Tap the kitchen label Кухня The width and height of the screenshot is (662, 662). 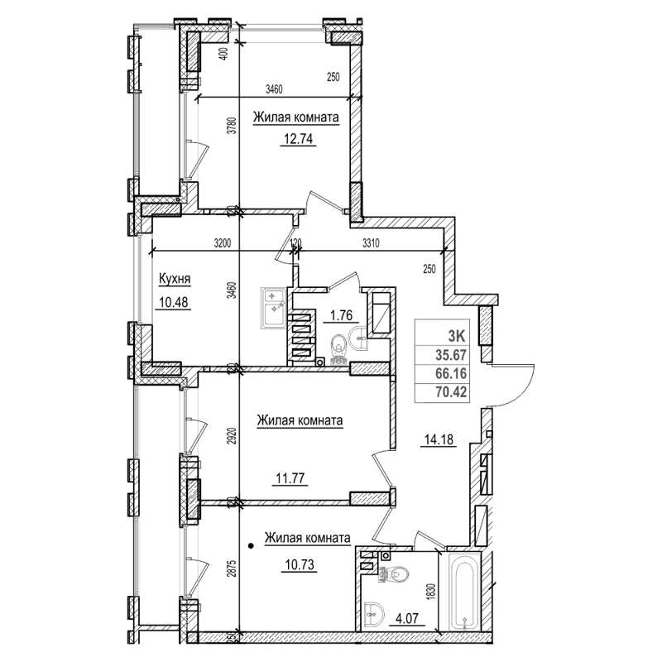pyautogui.click(x=175, y=281)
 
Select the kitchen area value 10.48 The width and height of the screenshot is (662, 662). pyautogui.click(x=172, y=302)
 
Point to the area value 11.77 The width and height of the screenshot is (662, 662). pyautogui.click(x=290, y=477)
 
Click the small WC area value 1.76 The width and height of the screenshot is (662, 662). pyautogui.click(x=343, y=314)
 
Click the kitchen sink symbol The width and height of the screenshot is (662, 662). pyautogui.click(x=273, y=305)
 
